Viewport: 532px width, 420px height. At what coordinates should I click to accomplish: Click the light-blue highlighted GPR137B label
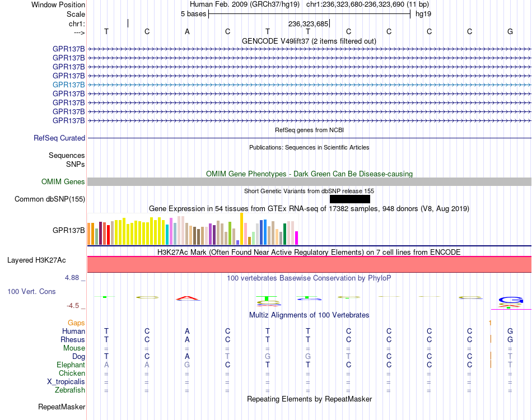68,85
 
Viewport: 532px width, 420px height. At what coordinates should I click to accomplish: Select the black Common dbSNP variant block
350,199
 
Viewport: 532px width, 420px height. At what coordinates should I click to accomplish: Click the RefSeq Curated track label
59,138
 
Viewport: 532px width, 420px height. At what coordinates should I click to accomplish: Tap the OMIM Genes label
63,182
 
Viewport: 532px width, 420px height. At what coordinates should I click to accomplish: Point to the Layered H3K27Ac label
36,260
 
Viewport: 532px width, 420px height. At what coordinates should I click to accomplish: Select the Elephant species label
71,365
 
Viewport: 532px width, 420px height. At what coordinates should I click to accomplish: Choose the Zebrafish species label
70,390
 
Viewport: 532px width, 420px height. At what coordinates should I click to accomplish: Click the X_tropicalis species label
66,382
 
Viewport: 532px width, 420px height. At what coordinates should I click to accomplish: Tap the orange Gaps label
76,323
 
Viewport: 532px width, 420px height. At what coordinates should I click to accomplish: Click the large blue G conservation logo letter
511,300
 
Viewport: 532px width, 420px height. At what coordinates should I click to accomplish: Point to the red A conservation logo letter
187,298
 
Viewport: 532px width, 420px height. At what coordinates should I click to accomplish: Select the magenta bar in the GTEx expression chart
297,238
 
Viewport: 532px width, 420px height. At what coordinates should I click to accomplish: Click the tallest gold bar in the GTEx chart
241,228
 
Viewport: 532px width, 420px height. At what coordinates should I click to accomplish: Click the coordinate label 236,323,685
308,24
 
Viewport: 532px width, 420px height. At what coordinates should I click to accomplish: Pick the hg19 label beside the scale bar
423,14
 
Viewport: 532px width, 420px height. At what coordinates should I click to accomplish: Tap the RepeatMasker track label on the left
62,407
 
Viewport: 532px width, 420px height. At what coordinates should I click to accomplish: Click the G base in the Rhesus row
510,339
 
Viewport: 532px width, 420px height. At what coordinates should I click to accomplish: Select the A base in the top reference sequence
187,31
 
